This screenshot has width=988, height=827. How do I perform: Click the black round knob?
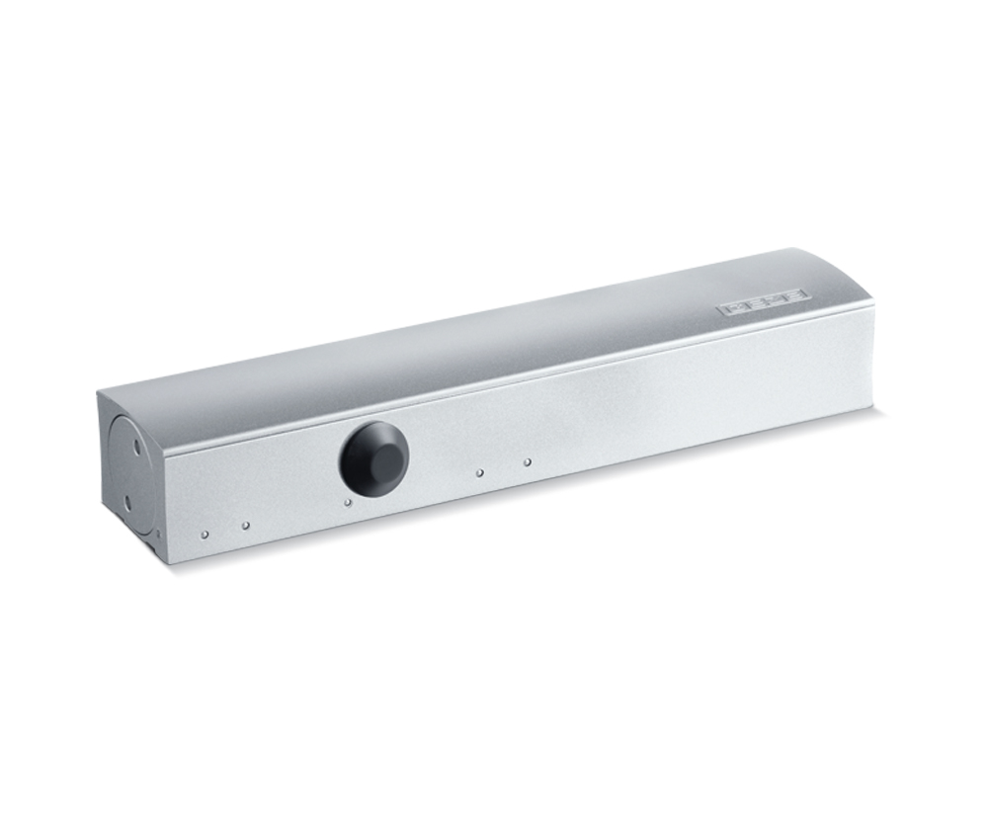click(374, 458)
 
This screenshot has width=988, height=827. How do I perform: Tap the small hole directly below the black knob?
click(348, 502)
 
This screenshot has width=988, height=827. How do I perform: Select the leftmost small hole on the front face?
click(205, 535)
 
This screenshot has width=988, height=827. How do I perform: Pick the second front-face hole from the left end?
click(245, 526)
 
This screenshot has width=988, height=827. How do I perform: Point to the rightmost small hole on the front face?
click(527, 461)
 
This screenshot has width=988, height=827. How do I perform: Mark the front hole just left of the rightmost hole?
click(479, 473)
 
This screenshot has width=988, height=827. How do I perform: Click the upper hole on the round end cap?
click(135, 449)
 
